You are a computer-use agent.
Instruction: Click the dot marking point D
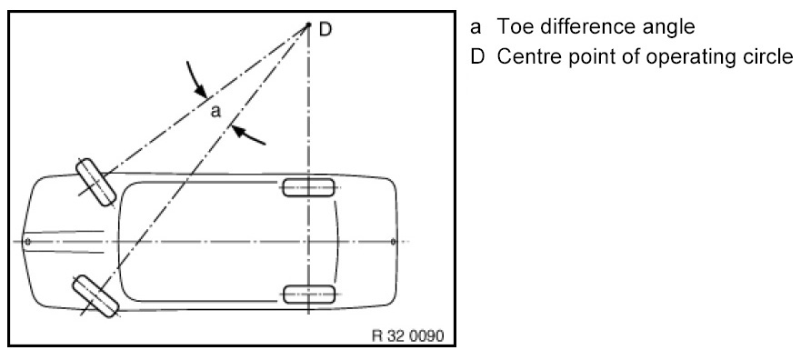click(308, 24)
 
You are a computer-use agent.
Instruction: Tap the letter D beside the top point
click(325, 29)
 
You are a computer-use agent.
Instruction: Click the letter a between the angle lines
click(216, 111)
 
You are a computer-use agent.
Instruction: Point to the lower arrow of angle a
click(248, 135)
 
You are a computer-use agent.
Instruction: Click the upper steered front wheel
click(96, 183)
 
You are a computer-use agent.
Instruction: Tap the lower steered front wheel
click(95, 296)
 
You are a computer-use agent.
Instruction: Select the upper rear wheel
click(308, 188)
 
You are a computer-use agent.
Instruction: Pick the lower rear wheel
click(309, 295)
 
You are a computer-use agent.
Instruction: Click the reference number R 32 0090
click(408, 335)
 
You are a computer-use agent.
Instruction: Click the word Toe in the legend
click(516, 26)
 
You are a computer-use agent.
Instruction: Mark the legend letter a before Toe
click(476, 28)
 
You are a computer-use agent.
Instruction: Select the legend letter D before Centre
click(477, 57)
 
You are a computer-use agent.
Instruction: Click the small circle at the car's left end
click(27, 241)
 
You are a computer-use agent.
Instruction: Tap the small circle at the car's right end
click(394, 242)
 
